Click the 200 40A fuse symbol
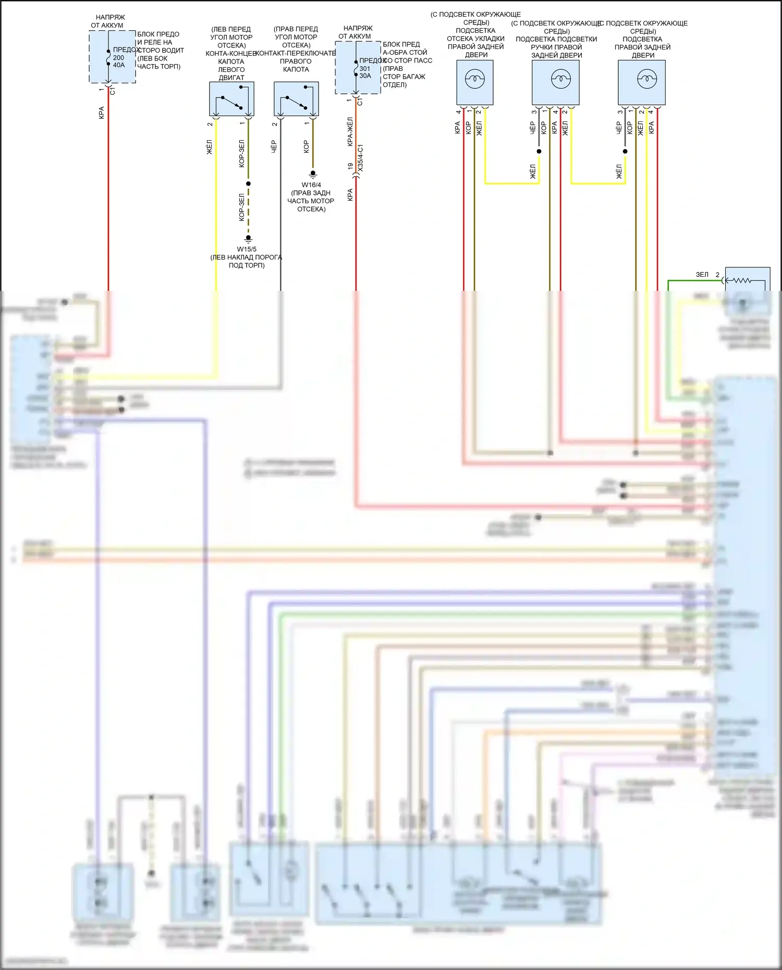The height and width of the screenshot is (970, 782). click(x=108, y=57)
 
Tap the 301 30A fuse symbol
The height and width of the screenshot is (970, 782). click(x=356, y=68)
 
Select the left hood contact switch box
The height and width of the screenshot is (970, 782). click(x=231, y=99)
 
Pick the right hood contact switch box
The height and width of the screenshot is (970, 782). click(x=296, y=99)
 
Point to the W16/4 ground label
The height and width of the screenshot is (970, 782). click(x=311, y=185)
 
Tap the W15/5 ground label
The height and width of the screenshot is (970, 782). click(x=247, y=249)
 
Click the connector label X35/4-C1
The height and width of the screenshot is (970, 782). click(x=361, y=158)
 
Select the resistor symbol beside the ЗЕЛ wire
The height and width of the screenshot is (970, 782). click(x=742, y=281)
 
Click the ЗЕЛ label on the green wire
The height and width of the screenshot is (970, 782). click(x=702, y=275)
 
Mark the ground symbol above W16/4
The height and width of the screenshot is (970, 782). click(x=313, y=174)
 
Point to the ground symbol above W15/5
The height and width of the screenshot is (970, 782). click(x=249, y=239)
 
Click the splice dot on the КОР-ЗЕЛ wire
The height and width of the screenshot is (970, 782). click(x=249, y=183)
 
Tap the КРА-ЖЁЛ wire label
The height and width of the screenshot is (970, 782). click(x=350, y=131)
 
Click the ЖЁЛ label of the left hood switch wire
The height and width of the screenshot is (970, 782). click(x=210, y=147)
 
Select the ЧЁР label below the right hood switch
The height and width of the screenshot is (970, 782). click(x=274, y=147)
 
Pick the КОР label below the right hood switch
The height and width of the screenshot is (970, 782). click(x=306, y=147)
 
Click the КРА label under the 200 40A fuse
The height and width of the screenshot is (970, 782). click(x=102, y=113)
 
